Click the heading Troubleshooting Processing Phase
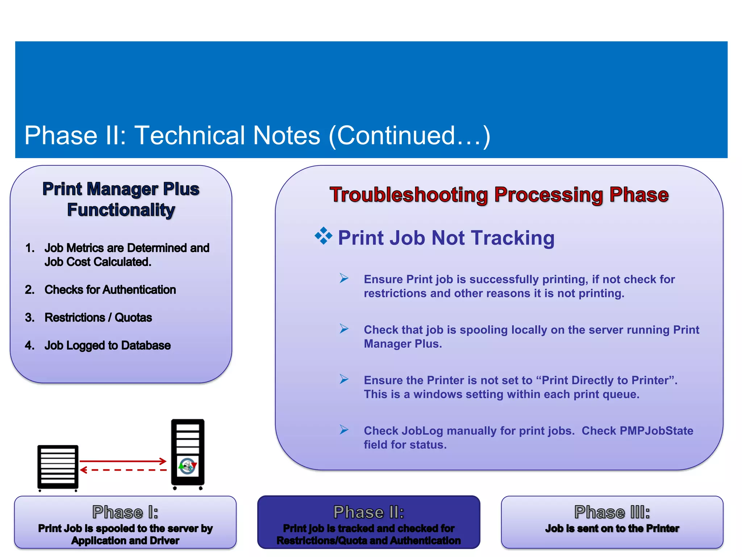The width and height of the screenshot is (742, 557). tap(499, 195)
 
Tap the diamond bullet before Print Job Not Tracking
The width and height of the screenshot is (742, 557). tap(323, 236)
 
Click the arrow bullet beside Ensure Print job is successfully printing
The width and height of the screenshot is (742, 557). tap(344, 278)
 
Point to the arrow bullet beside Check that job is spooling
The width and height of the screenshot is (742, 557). tap(344, 329)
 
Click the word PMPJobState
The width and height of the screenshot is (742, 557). tap(656, 431)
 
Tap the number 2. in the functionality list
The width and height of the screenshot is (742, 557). tap(30, 290)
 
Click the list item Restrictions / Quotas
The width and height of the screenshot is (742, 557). tap(98, 318)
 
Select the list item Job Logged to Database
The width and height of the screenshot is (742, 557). tap(107, 346)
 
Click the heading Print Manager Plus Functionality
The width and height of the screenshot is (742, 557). tap(121, 199)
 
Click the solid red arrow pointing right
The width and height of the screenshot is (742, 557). tap(123, 461)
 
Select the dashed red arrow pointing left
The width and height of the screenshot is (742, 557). tap(123, 470)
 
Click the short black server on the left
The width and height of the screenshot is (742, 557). tap(58, 467)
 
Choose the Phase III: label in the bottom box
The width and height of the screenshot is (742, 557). tap(612, 512)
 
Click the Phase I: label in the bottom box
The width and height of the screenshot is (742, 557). tap(125, 512)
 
